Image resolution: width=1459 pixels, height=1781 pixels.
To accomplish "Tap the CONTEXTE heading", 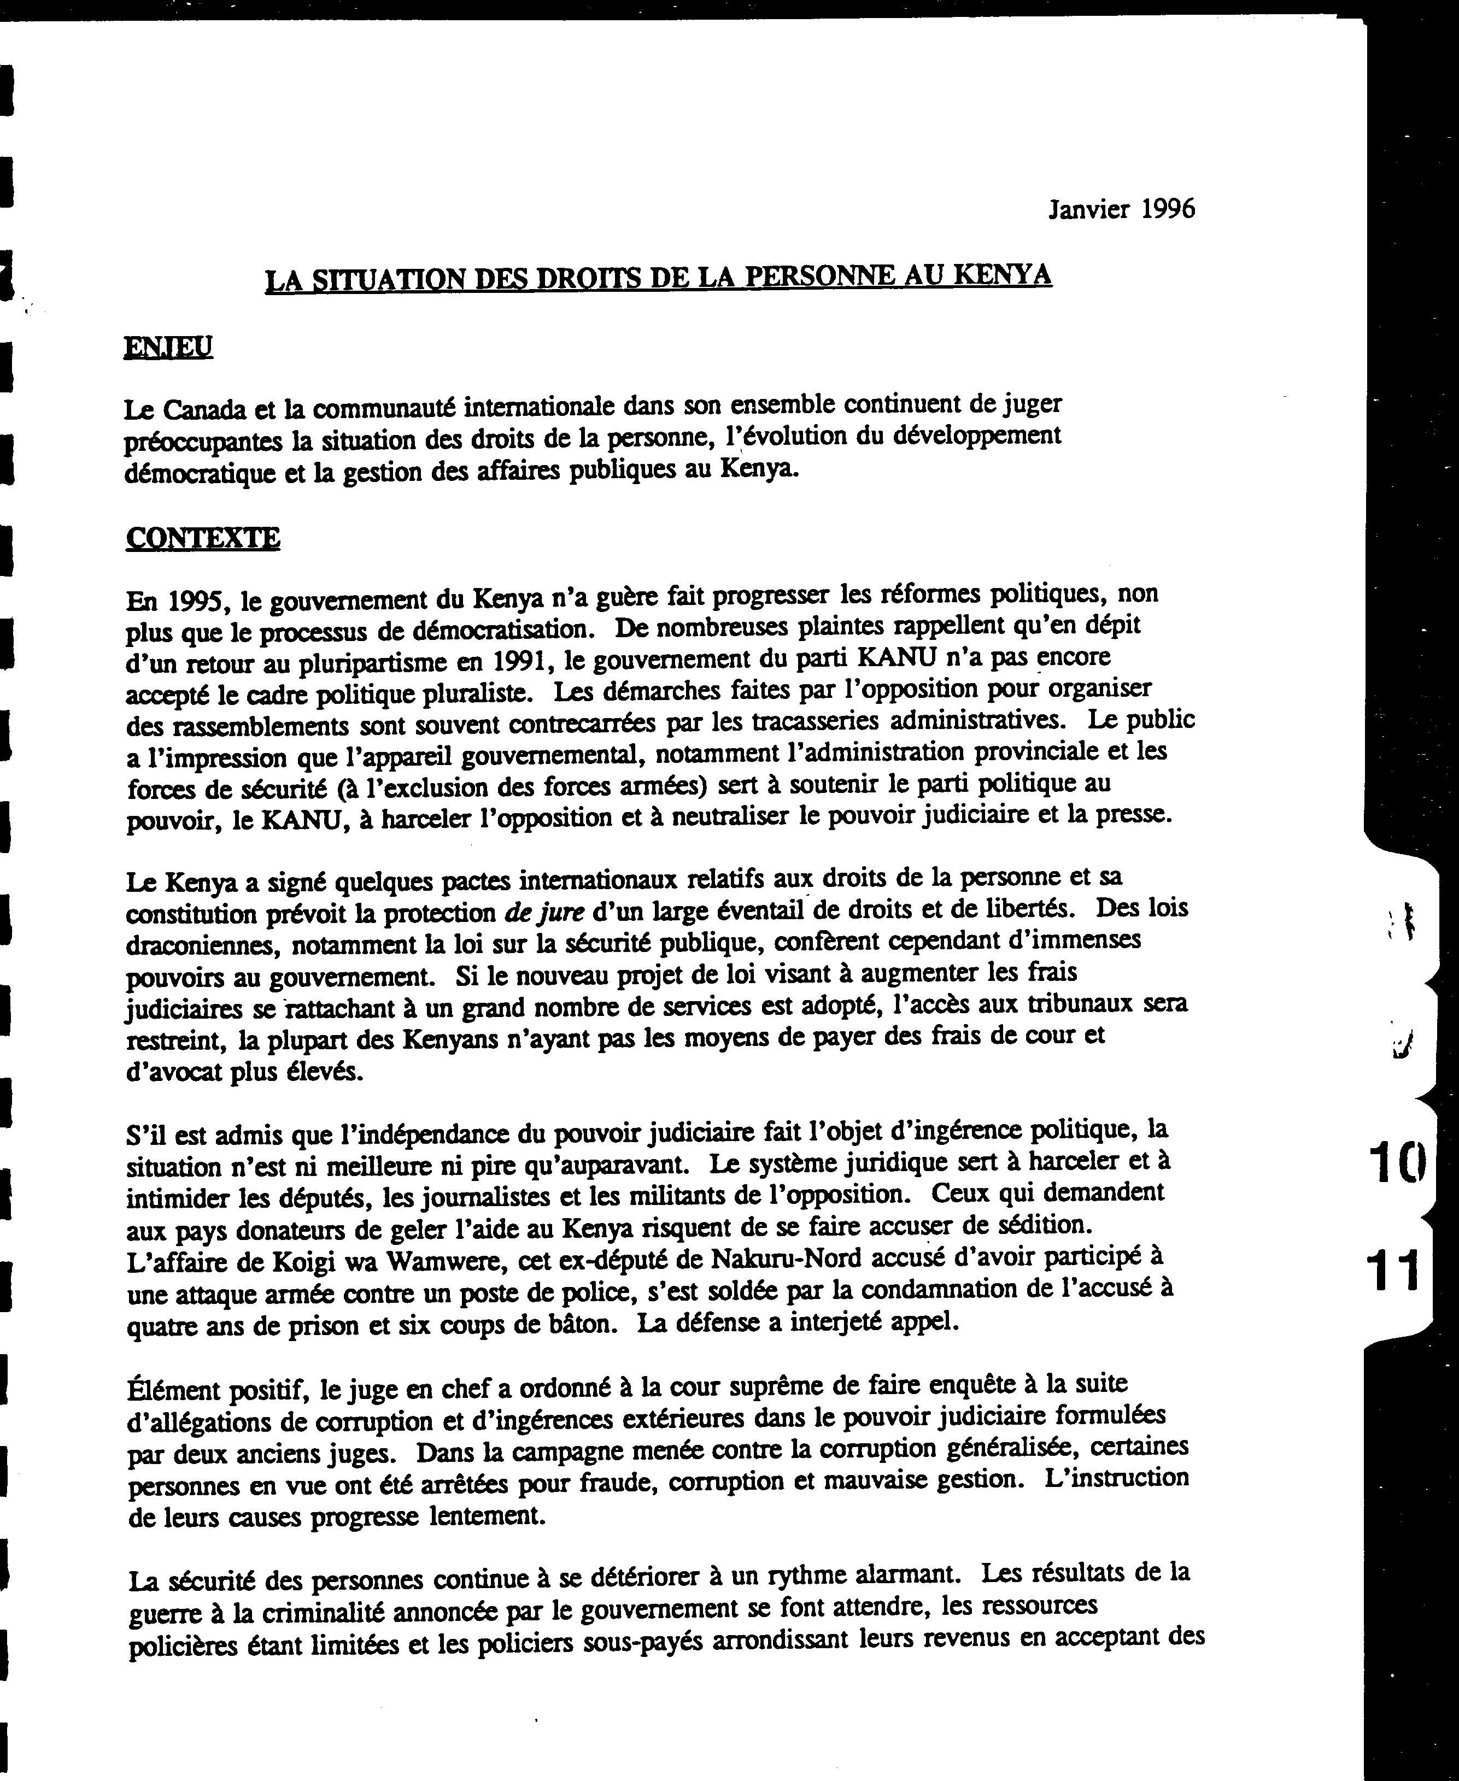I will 203,538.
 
